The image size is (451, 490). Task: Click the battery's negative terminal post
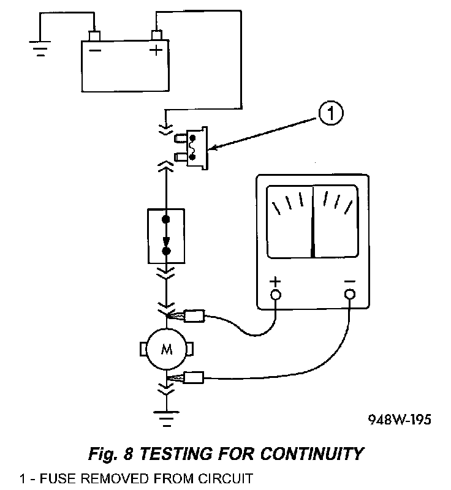coord(95,34)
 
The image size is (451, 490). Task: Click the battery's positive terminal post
coord(156,34)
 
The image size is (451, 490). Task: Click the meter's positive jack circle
coord(276,295)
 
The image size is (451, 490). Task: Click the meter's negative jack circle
coord(349,295)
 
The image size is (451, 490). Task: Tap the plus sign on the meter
coord(276,282)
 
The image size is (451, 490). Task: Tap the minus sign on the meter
coord(349,282)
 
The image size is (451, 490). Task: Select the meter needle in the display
coord(313,221)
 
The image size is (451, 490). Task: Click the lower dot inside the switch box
coord(166,251)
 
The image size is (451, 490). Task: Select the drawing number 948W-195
coord(399,421)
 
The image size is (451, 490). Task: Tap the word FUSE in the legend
coord(49,478)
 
